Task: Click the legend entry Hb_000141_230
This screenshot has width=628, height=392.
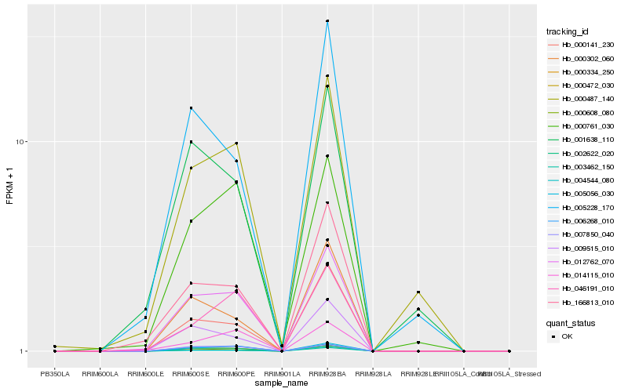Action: (x=582, y=45)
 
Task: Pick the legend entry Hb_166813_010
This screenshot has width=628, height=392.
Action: (x=582, y=303)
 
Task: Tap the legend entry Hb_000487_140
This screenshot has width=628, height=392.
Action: (x=582, y=99)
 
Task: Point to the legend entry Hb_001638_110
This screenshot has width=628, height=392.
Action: (x=582, y=140)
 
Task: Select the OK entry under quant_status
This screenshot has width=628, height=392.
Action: (x=568, y=336)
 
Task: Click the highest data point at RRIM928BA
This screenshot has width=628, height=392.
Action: (x=327, y=21)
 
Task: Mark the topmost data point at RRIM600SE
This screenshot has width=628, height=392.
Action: (x=191, y=107)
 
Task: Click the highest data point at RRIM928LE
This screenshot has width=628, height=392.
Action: (x=418, y=292)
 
